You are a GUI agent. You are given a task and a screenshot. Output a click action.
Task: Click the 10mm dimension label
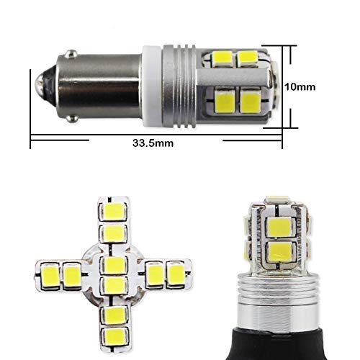[300, 87]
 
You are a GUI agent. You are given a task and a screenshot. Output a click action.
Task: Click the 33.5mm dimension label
[153, 143]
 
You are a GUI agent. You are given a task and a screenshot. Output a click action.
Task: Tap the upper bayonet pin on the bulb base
[71, 54]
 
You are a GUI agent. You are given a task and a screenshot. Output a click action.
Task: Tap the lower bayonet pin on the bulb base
[72, 119]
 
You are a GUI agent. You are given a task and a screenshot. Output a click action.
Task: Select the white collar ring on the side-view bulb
[151, 86]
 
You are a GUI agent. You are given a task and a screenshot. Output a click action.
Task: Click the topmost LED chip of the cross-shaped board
[113, 212]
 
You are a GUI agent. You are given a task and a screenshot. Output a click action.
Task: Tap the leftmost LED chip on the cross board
[50, 275]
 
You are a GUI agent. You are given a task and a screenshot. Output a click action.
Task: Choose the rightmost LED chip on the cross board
[176, 274]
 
